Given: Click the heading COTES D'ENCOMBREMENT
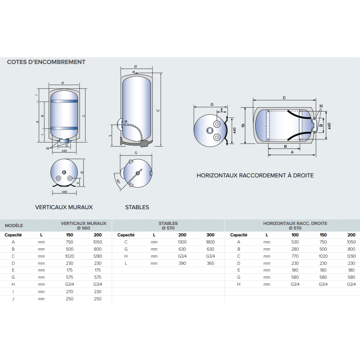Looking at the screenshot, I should pos(46,62).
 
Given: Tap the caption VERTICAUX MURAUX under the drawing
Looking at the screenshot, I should pos(64,207).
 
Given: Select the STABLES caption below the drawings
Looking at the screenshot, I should pos(137,207).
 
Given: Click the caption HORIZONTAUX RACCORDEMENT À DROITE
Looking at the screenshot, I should pos(255,176).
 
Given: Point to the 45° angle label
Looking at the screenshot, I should pos(118,182).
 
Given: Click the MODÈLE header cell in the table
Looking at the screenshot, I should pos(14,226).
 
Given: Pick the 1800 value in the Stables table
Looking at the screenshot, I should pos(211,242).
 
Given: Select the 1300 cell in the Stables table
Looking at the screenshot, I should pos(183,242).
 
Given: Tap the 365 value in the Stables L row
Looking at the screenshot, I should pos(211,263).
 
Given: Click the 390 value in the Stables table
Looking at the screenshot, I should pos(183,263).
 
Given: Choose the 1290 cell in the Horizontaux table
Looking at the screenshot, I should pos(351,256).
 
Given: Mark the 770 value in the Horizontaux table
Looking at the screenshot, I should pos(295,256).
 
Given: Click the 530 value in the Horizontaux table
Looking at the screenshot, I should pos(295,242).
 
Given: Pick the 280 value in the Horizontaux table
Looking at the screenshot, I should pos(295,249).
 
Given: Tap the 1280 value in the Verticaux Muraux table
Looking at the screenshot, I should pos(98,256).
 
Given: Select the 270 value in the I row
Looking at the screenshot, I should pos(69,292).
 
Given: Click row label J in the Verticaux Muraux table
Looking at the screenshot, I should pos(13,299).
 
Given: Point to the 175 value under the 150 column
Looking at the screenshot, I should pos(69,270).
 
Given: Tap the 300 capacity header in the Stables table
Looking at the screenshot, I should pos(211,235).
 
